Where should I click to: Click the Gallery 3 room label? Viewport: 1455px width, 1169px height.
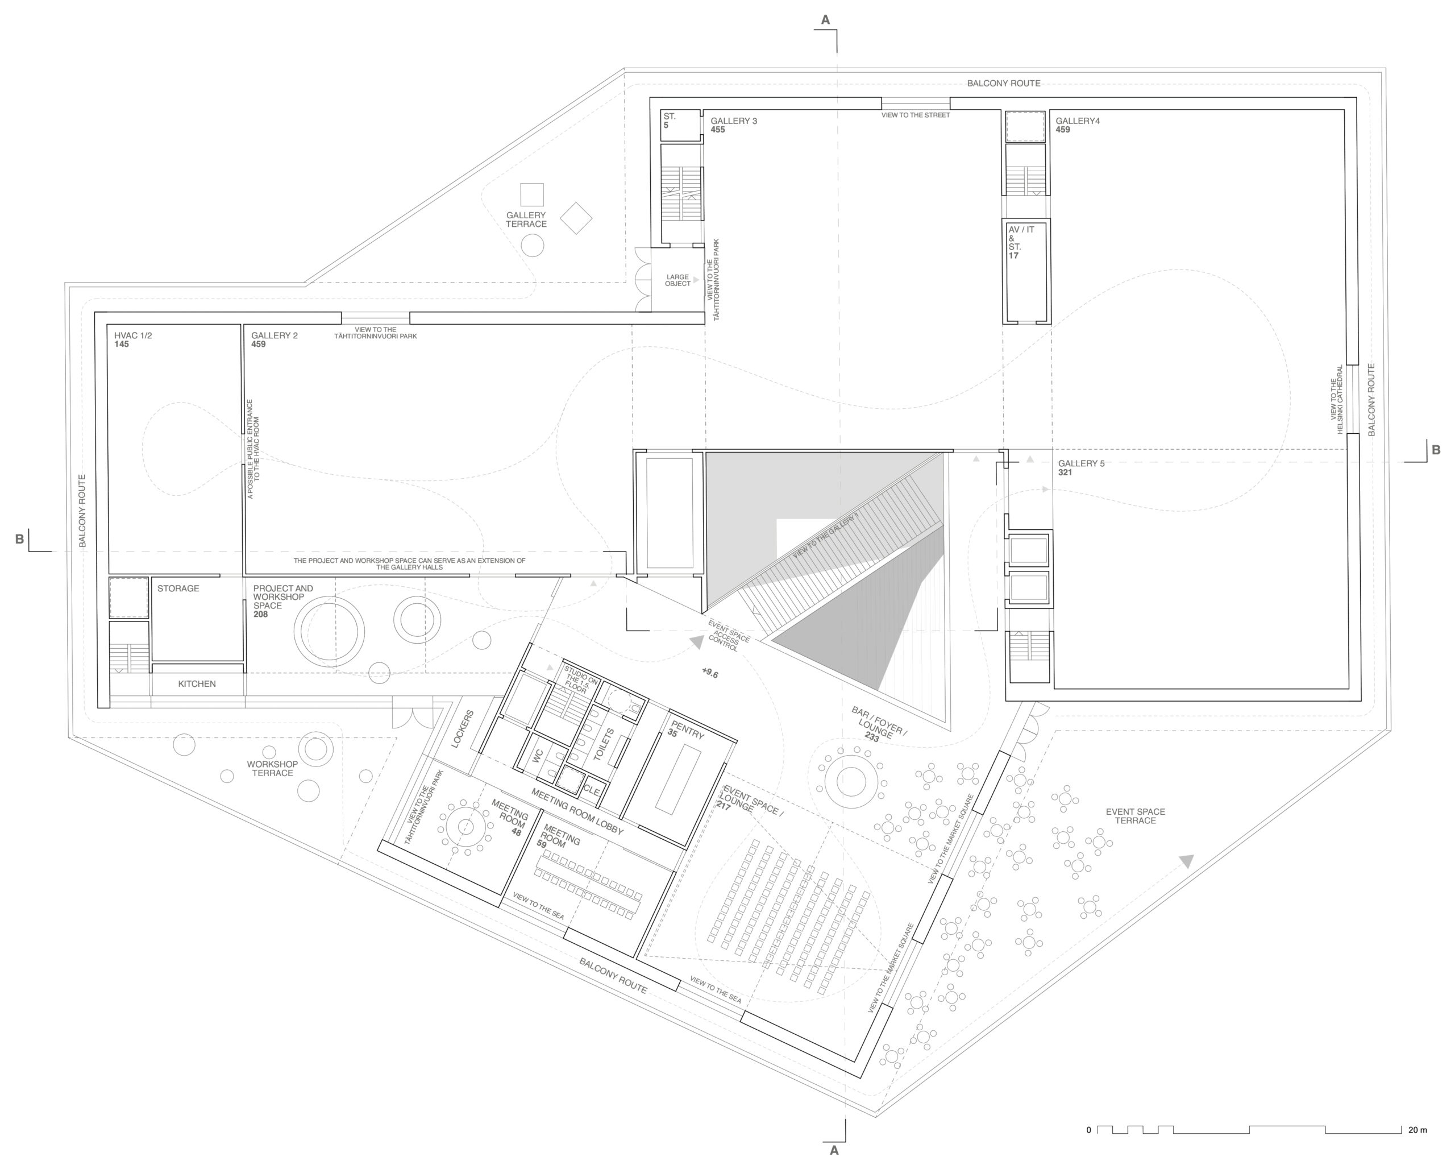[734, 121]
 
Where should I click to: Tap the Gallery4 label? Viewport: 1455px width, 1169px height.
[1078, 121]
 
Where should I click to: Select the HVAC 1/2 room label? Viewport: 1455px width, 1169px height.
[133, 335]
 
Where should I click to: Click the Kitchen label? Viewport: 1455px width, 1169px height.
[197, 683]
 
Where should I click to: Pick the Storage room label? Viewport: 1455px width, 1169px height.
[178, 588]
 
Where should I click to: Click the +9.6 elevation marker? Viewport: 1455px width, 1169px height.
[710, 673]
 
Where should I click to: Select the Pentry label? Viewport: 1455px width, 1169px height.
[687, 729]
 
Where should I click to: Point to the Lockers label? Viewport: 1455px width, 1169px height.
[463, 729]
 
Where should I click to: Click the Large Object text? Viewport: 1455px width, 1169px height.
[677, 280]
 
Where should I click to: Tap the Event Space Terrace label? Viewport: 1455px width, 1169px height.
[1135, 816]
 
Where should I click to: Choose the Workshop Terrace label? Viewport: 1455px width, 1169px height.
[272, 769]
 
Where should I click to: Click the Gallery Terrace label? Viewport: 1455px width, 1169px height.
[526, 219]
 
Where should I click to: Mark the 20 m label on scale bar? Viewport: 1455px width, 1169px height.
[1418, 1130]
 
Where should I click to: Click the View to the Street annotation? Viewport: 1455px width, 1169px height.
[915, 115]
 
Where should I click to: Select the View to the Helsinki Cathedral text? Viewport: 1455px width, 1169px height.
[1337, 400]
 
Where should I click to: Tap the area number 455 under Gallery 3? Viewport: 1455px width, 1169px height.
[717, 130]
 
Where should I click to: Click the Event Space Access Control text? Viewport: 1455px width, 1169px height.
[727, 635]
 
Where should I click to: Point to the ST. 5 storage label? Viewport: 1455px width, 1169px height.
[669, 121]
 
